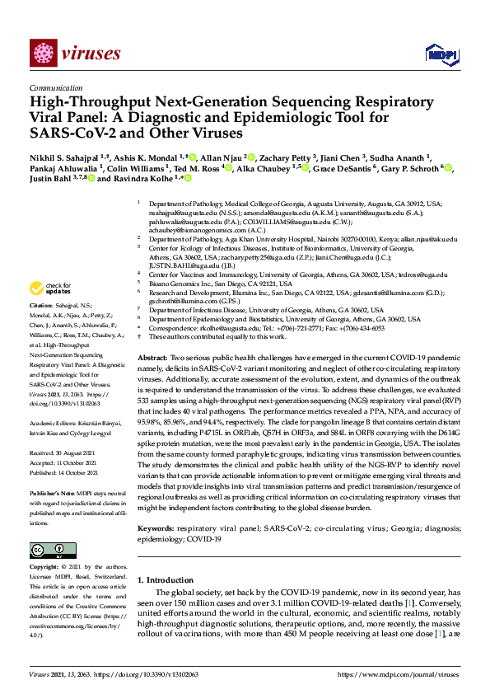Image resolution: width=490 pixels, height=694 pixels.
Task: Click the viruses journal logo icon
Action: click(x=42, y=54)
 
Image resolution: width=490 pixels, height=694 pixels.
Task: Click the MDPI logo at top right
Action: click(x=441, y=54)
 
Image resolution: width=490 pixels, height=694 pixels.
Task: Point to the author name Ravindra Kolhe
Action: click(x=149, y=177)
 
